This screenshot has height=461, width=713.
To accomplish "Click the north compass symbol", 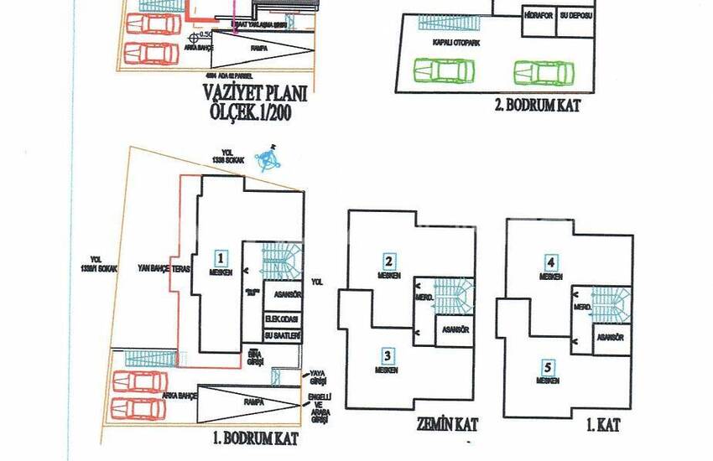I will point(269,158).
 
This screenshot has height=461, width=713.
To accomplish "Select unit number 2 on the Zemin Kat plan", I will point(389,261).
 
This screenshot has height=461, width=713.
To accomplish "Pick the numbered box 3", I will point(388,355).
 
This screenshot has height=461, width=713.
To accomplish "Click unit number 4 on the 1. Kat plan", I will point(550,261).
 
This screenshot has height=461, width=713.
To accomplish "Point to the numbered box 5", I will point(548,366).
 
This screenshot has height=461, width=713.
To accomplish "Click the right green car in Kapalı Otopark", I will point(544,72).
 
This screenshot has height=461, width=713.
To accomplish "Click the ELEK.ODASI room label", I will point(282,319).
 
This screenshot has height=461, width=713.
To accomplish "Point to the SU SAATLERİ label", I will point(282,334).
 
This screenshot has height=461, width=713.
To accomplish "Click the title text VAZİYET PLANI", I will point(253,95).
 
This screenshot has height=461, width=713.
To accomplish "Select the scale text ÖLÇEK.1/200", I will point(253,114).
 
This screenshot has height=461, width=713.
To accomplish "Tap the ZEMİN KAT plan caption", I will point(445,425).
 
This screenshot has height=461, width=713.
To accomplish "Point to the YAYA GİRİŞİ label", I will point(317,376).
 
